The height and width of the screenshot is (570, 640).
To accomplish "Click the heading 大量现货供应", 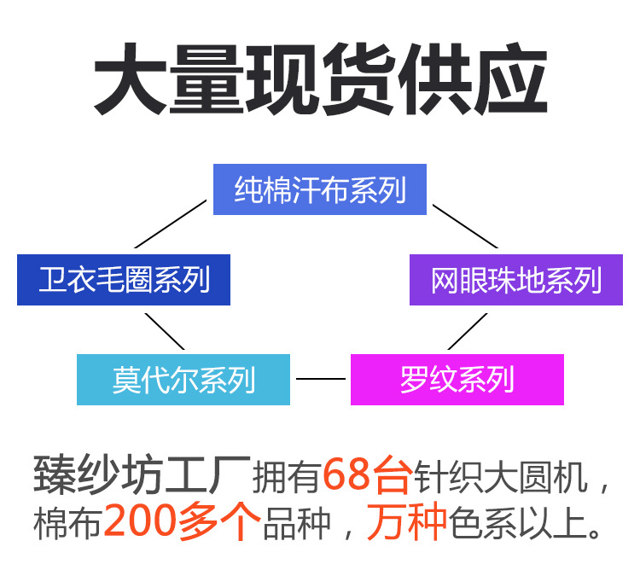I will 320,81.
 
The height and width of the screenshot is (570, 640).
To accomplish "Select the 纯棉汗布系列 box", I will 320,189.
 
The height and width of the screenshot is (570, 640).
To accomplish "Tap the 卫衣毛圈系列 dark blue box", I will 124,279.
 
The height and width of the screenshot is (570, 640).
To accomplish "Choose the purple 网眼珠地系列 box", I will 516,279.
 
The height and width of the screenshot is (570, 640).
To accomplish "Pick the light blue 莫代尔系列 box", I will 183,379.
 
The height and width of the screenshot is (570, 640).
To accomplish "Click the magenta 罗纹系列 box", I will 457,379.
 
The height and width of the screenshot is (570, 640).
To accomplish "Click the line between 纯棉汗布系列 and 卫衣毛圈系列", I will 171,224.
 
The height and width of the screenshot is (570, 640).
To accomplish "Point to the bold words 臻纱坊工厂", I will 141,476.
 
